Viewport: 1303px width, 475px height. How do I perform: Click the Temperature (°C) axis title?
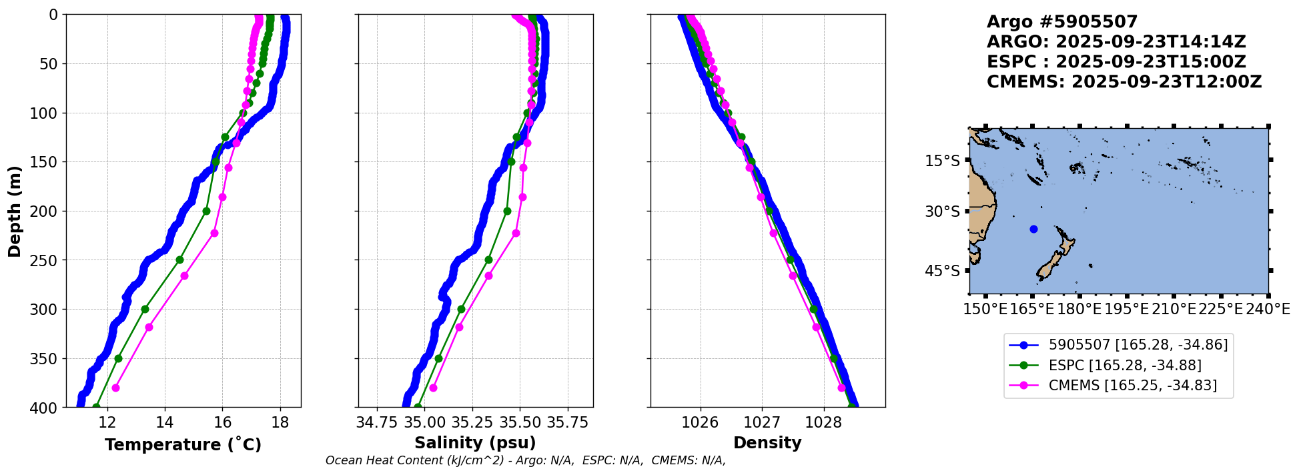click(x=183, y=445)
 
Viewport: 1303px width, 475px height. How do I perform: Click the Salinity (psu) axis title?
click(x=475, y=443)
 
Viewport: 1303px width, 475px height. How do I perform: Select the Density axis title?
click(x=767, y=443)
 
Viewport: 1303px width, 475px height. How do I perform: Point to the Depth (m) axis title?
click(x=15, y=211)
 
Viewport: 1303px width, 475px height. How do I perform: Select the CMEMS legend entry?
click(x=1132, y=386)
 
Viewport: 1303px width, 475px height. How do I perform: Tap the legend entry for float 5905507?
click(x=1138, y=345)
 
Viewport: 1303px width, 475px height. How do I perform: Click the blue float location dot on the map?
click(x=1033, y=229)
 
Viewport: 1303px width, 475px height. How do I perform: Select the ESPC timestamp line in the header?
click(x=1116, y=62)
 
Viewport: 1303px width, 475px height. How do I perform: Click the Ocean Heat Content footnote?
click(x=525, y=460)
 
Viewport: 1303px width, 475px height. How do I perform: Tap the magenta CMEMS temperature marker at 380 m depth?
click(x=115, y=388)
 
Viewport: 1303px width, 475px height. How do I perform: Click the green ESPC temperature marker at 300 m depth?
click(x=145, y=309)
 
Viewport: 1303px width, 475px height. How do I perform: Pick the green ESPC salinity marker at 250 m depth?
click(x=488, y=260)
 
